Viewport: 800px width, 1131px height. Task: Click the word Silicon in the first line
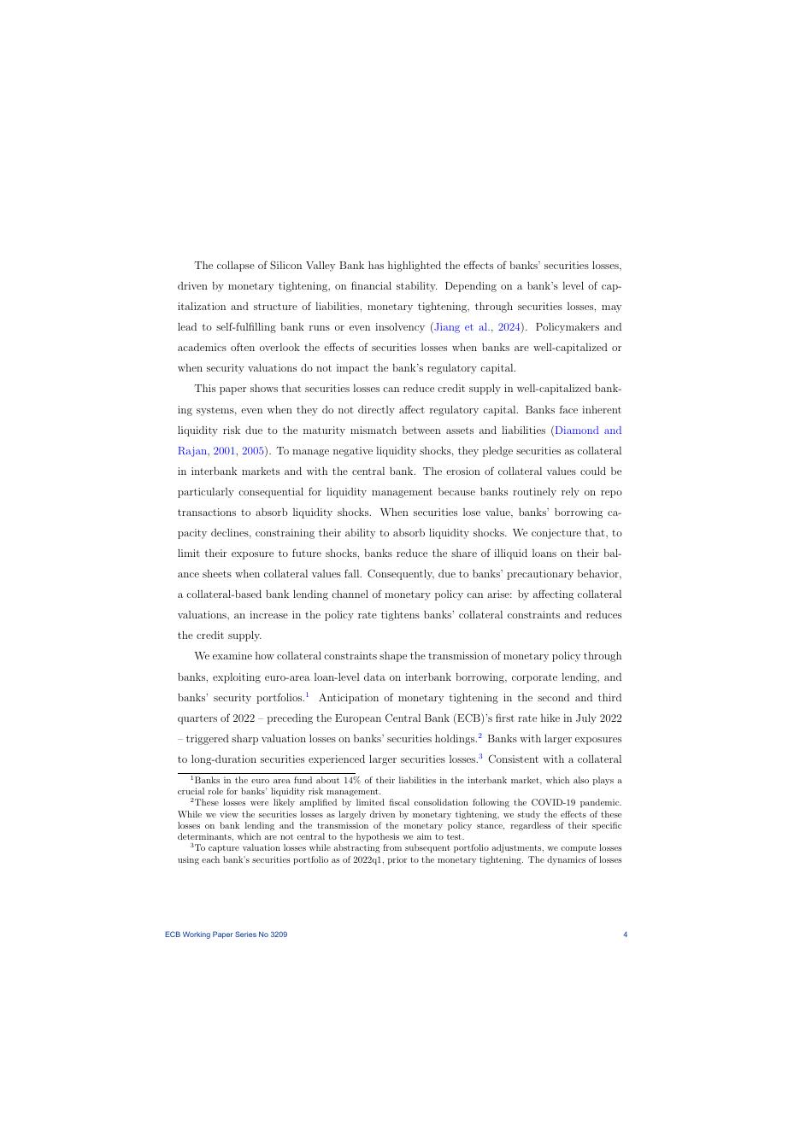coord(288,266)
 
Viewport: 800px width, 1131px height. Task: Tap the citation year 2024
coord(510,327)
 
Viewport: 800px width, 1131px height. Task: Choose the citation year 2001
coord(225,451)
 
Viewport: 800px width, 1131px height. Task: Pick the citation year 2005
coord(253,451)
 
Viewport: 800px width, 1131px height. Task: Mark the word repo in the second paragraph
coord(610,492)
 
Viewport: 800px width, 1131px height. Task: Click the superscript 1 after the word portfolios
coord(307,694)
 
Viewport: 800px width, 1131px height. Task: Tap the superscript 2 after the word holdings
coord(480,735)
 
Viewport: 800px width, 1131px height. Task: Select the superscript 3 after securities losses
coord(481,756)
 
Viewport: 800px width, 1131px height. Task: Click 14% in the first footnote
coord(352,781)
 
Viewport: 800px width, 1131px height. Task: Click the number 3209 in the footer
coord(279,935)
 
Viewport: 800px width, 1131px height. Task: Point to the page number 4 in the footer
coord(626,935)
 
